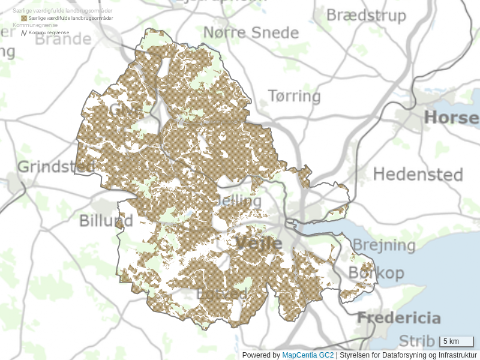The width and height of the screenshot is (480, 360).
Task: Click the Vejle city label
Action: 258,243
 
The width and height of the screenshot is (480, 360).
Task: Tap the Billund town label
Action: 106,221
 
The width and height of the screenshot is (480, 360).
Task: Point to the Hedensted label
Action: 418,175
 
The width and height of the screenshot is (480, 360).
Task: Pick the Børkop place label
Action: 376,272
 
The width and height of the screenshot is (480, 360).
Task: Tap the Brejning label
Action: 383,245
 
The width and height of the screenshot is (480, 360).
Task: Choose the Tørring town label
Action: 294,96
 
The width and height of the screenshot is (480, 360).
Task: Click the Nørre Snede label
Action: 251,32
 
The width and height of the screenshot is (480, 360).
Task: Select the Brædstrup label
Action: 366,15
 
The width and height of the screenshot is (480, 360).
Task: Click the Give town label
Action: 125,110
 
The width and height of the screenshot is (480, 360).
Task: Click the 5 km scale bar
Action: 457,342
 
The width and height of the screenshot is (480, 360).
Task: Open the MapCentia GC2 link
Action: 307,355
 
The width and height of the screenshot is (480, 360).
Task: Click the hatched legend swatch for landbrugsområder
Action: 24,19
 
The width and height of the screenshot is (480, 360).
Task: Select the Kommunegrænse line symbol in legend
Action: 24,33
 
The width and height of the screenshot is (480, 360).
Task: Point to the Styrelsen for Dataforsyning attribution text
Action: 408,355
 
